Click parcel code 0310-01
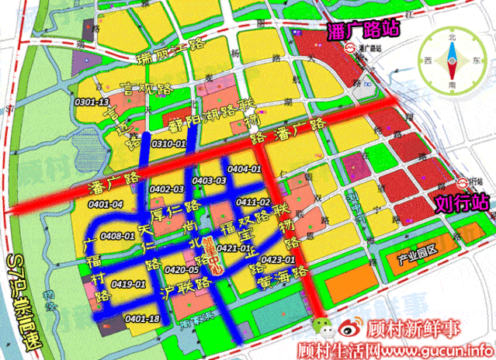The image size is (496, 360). (x=170, y=144)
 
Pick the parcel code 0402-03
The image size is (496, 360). (x=167, y=189)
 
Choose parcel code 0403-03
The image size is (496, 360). (x=210, y=181)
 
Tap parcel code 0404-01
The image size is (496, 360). (x=245, y=169)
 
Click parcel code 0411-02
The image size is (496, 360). (x=254, y=202)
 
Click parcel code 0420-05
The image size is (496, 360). (x=182, y=270)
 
